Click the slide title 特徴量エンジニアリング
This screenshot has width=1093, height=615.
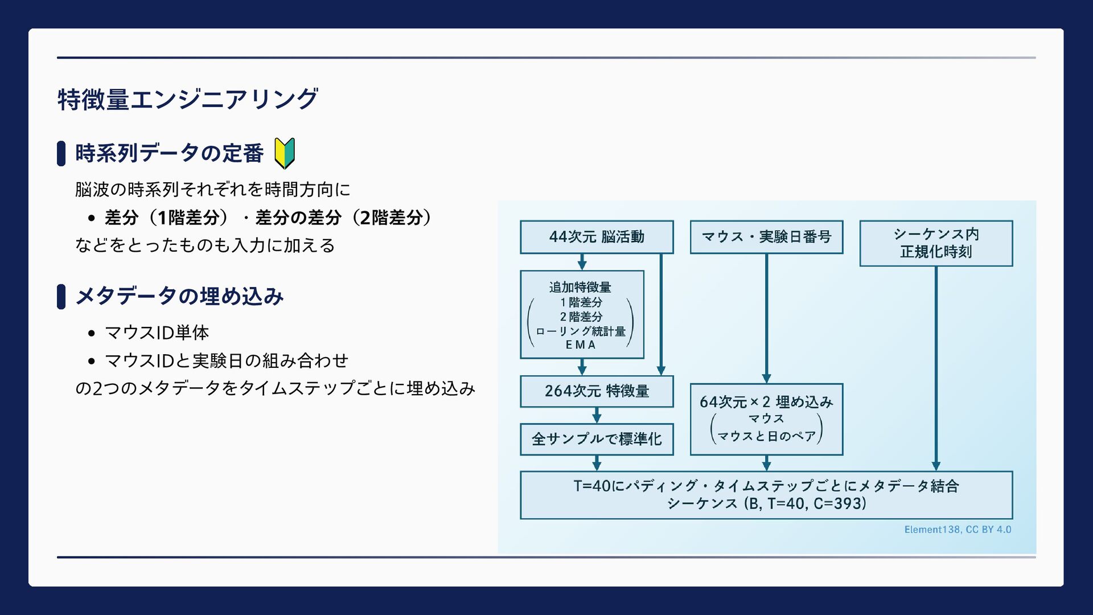(x=187, y=100)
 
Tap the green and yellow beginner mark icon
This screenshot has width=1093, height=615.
(x=285, y=153)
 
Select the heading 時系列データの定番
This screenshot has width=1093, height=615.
(x=169, y=153)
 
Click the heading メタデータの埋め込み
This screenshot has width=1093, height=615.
(x=179, y=296)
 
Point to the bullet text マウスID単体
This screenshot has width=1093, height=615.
(x=157, y=333)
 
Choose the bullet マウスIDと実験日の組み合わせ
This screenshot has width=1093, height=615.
(x=227, y=360)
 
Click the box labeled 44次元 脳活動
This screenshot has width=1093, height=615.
(x=597, y=237)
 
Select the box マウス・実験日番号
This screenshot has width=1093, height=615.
(x=766, y=237)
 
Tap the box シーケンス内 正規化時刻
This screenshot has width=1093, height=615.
(x=936, y=243)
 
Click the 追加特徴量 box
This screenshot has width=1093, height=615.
(x=582, y=314)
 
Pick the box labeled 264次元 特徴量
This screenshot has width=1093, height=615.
(x=597, y=391)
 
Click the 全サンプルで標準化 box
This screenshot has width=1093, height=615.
(x=597, y=439)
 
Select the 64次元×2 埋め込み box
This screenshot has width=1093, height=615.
(x=766, y=419)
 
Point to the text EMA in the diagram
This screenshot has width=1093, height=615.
(x=581, y=345)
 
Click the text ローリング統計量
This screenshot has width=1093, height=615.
(x=581, y=331)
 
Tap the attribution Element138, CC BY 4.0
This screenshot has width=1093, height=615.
(x=958, y=530)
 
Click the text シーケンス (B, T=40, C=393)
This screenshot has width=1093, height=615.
(x=766, y=503)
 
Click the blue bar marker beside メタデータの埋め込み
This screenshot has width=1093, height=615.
(x=61, y=297)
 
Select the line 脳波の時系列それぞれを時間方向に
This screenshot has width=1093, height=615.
(x=213, y=190)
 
